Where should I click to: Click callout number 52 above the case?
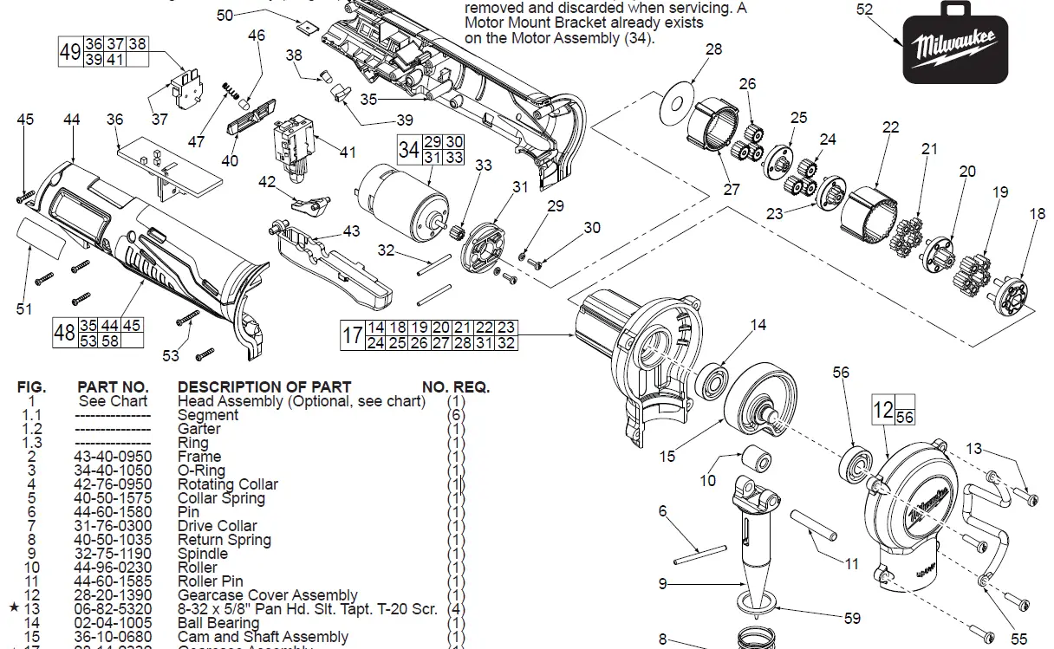864,10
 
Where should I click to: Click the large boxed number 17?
352,334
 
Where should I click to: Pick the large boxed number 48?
64,332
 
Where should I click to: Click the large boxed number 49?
69,51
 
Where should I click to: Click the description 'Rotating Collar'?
228,484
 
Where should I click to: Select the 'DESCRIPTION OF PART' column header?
264,387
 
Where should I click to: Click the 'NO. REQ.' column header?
456,387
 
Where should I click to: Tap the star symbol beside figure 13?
14,609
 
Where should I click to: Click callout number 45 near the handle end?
26,119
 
